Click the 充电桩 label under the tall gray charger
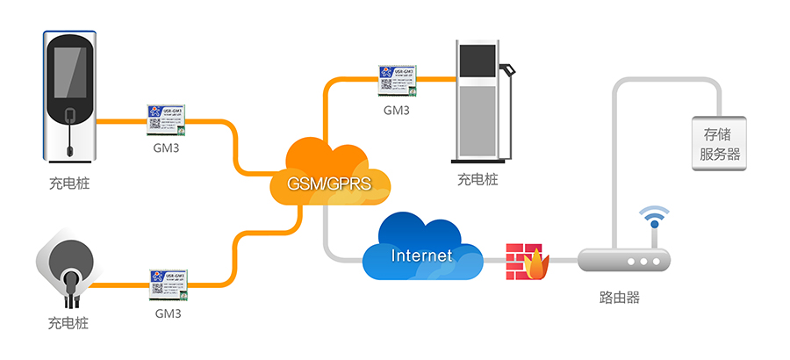[x=478, y=180]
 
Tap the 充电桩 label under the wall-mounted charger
[x=69, y=184]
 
